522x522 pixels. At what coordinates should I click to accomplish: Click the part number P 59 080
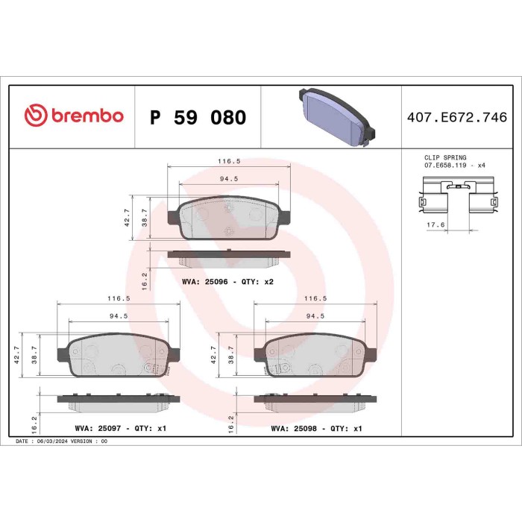tap(198, 117)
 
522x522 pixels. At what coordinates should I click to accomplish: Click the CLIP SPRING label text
tap(445, 158)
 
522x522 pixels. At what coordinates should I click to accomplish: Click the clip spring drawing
tap(457, 201)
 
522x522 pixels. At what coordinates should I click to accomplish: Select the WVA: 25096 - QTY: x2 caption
tap(228, 283)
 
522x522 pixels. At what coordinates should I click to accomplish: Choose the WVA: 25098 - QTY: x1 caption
tap(316, 429)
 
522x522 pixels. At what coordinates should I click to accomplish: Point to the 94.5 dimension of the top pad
tap(228, 179)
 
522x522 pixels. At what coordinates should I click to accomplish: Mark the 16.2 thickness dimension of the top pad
tap(144, 279)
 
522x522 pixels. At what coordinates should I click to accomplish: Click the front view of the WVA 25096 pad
tap(227, 218)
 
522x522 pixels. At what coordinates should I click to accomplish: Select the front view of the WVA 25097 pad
tap(119, 356)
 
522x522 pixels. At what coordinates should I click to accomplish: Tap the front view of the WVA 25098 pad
tap(316, 356)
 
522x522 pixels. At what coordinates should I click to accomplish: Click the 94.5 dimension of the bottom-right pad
tap(316, 315)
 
